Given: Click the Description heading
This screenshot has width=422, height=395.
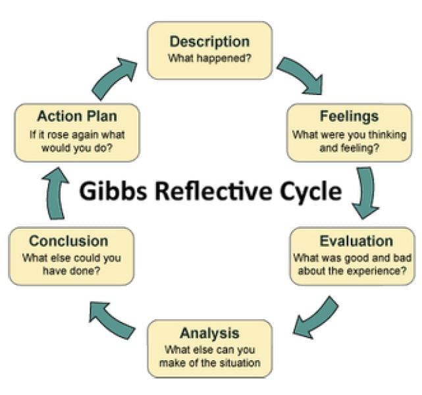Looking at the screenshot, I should tap(209, 41).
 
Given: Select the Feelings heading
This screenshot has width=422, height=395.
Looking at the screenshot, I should tap(349, 117).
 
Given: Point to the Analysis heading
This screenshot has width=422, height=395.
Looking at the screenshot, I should tap(209, 332).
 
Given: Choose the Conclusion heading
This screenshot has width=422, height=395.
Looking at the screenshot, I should tap(68, 241).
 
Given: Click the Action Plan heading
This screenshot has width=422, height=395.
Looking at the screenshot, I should tap(77, 117).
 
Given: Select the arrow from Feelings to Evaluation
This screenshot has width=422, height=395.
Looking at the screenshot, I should tap(366, 192).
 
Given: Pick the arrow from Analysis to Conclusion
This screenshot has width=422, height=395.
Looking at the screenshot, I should tap(112, 318).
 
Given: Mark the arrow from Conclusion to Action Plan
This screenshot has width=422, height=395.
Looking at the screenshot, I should tap(57, 193).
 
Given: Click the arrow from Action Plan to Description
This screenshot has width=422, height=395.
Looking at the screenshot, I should tap(114, 76).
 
